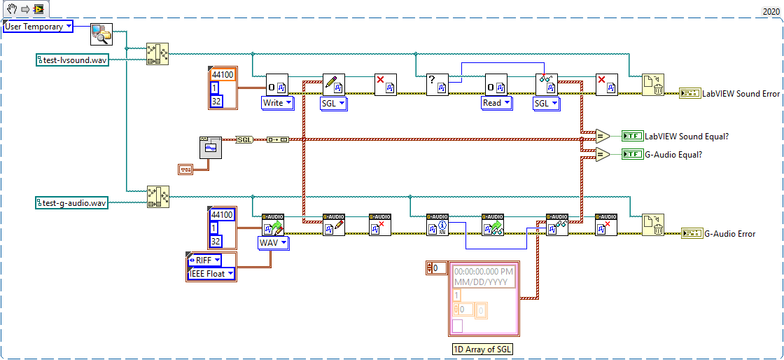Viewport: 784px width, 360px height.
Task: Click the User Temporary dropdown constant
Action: (x=38, y=27)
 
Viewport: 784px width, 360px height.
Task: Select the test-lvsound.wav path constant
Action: (x=72, y=60)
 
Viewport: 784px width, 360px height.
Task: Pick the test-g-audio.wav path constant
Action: (x=72, y=203)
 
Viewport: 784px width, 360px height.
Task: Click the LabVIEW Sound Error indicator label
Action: (x=741, y=93)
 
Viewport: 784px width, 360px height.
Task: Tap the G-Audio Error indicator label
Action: (x=729, y=233)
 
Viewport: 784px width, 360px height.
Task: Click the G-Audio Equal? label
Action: (x=673, y=154)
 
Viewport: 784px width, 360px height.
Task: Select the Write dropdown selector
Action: (x=277, y=103)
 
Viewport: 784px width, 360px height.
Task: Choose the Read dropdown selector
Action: (x=497, y=103)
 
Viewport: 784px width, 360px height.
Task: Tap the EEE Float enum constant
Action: (x=210, y=273)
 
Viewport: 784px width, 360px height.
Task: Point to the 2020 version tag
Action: (x=771, y=12)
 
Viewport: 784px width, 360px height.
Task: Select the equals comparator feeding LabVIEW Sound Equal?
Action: (x=601, y=137)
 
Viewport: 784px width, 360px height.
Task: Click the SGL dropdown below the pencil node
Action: (x=333, y=104)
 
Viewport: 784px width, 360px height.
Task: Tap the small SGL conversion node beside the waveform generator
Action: (x=245, y=139)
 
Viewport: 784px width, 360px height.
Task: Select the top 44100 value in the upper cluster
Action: (x=222, y=75)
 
